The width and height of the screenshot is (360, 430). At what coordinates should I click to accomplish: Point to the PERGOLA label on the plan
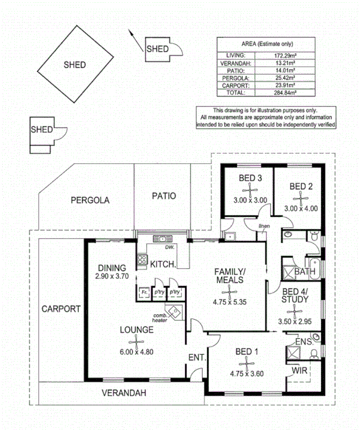[x=90, y=201]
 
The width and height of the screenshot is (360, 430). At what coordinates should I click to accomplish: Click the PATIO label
[x=163, y=196]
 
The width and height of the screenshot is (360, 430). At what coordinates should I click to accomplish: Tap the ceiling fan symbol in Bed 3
[x=250, y=190]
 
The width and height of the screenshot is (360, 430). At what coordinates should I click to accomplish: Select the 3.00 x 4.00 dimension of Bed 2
[x=301, y=209]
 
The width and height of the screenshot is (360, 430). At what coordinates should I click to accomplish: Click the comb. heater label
[x=160, y=318]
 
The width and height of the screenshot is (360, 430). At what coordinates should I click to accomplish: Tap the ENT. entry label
[x=196, y=358]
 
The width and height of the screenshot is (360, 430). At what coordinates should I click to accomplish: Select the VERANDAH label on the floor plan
[x=125, y=393]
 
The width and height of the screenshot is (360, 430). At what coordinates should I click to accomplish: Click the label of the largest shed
[x=74, y=64]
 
